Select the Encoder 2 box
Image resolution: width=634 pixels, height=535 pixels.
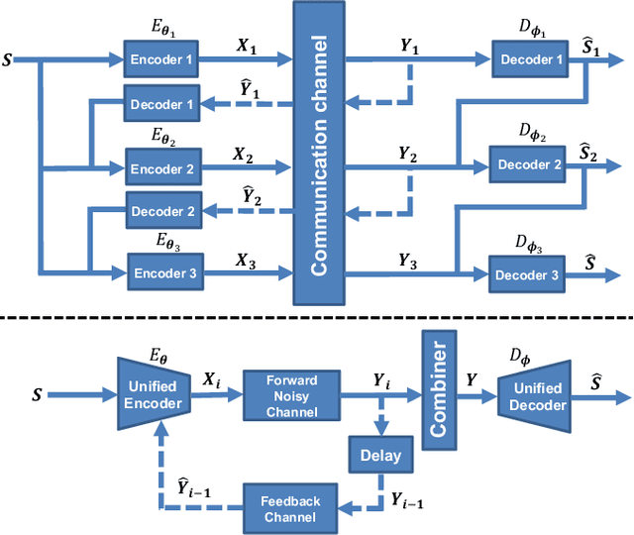[x=161, y=167]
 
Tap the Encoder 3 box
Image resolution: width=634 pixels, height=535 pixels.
[x=163, y=271]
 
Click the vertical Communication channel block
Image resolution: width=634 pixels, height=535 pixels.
[x=319, y=154]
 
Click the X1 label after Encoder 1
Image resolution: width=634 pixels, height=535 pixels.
[x=245, y=45]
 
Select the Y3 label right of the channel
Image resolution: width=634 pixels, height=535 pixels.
[x=408, y=260]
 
